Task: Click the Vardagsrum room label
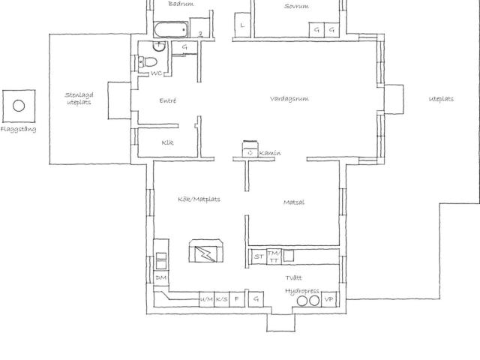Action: point(289,98)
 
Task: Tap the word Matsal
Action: point(293,202)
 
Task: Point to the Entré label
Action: point(168,100)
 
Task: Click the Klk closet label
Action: point(167,142)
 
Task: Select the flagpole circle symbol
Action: point(18,106)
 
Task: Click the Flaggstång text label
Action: point(18,129)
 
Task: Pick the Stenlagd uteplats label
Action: point(78,98)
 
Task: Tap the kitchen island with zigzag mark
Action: point(205,252)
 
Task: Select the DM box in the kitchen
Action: point(160,277)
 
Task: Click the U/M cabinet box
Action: point(206,299)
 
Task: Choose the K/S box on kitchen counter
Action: point(222,299)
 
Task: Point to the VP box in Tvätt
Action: point(328,299)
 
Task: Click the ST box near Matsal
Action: point(259,256)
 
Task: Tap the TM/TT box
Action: point(274,256)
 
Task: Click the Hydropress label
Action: point(301,290)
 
